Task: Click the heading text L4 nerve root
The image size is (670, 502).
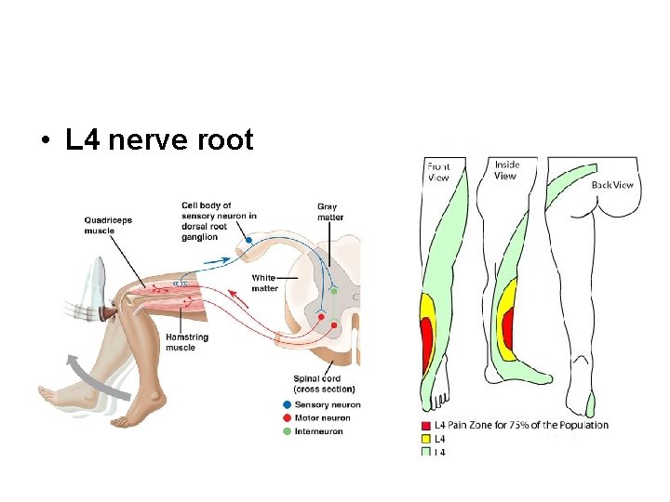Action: pyautogui.click(x=159, y=140)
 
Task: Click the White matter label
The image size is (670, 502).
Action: pyautogui.click(x=265, y=283)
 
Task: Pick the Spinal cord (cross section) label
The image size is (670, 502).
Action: pyautogui.click(x=318, y=384)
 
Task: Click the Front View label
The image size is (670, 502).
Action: pyautogui.click(x=437, y=172)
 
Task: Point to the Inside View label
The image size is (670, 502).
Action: pyautogui.click(x=506, y=170)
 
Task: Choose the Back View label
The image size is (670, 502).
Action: pyautogui.click(x=612, y=185)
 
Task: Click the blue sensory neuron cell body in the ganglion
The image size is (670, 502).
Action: pyautogui.click(x=249, y=242)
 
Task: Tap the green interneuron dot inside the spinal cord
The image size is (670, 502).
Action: pyautogui.click(x=334, y=291)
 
